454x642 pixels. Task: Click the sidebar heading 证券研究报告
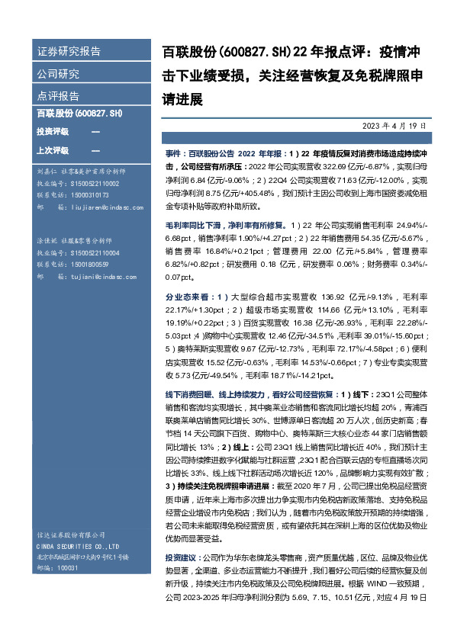69,52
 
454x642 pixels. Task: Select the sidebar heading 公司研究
58,74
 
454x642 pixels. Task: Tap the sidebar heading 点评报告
58,96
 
